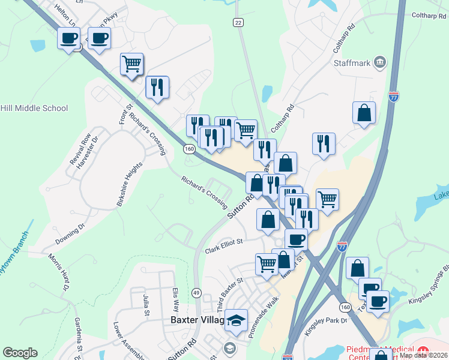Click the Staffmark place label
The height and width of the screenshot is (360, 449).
351,62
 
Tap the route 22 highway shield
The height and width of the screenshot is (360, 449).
238,22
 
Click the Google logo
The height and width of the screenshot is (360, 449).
20,352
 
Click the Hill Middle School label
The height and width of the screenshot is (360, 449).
34,109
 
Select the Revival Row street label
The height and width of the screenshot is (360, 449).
80,149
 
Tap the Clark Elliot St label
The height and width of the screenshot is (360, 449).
223,242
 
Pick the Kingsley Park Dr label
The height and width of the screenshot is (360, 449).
327,321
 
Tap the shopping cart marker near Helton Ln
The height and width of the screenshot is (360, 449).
131,63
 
